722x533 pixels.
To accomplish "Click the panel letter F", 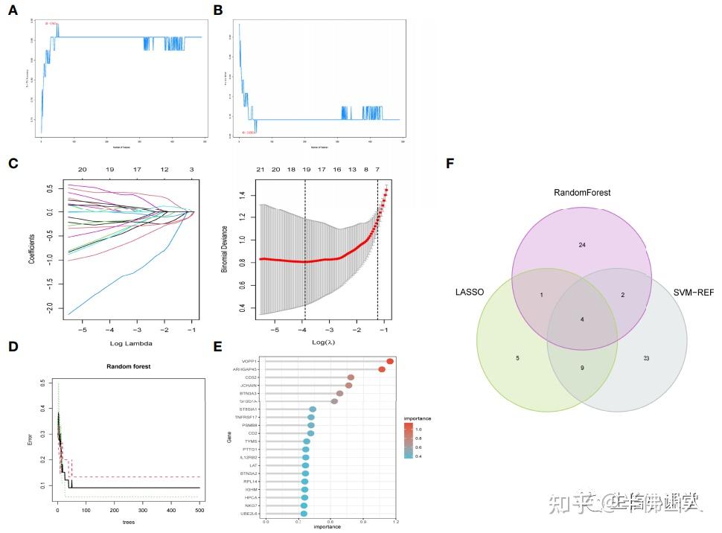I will point(450,162).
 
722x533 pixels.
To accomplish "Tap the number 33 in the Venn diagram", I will point(646,358).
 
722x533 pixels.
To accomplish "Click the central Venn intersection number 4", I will point(582,320).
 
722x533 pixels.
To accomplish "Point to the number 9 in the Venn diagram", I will point(582,367).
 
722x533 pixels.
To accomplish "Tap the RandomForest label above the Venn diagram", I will point(582,192).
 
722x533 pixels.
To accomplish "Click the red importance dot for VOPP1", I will point(390,361).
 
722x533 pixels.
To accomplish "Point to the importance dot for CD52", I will point(351,377).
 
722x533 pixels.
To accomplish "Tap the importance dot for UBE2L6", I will point(303,514).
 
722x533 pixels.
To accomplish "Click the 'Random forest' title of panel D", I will point(128,367).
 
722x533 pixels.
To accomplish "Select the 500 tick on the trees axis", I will point(199,511).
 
